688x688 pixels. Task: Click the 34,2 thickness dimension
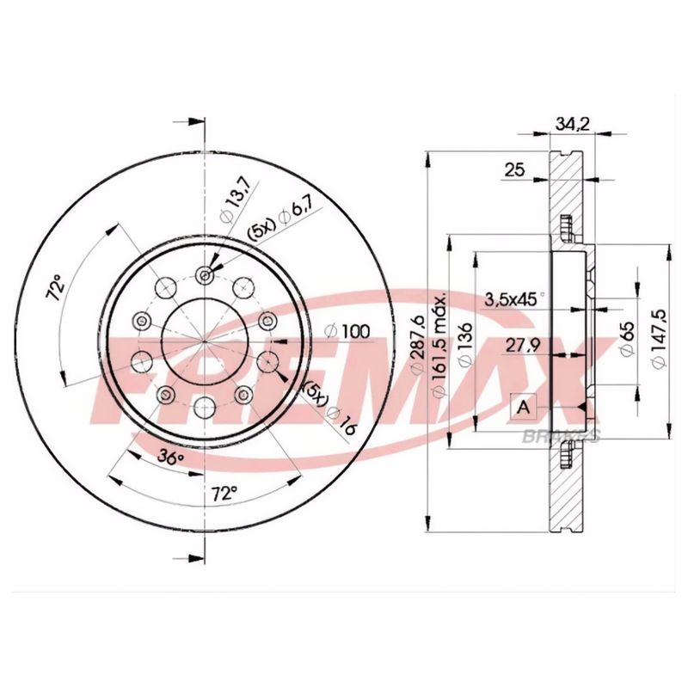coord(570,124)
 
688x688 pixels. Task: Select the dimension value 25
coord(514,170)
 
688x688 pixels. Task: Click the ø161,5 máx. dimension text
coord(439,344)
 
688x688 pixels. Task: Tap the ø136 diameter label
coord(464,344)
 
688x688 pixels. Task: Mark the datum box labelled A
coord(523,407)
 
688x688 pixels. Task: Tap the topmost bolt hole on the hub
coord(204,275)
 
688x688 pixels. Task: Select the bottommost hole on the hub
coord(204,406)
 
